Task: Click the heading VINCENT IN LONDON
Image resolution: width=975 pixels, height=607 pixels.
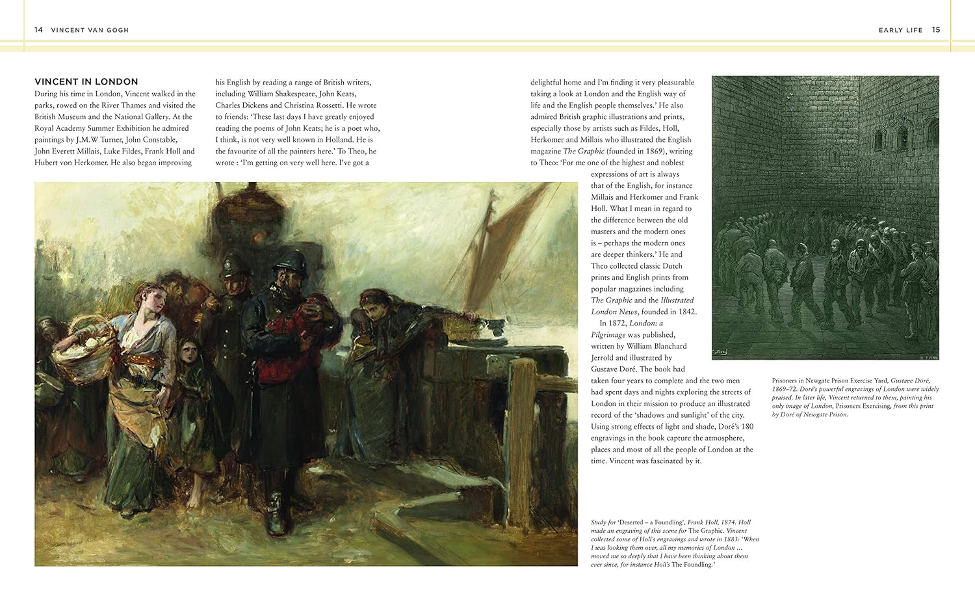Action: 86,81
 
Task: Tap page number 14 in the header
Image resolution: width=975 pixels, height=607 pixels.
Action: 38,30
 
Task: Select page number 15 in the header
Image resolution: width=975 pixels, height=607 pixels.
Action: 936,30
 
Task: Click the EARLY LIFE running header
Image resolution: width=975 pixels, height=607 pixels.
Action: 900,30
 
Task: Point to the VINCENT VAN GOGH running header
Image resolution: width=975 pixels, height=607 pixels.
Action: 90,30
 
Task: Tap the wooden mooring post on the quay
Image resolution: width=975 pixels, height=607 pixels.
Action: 521,442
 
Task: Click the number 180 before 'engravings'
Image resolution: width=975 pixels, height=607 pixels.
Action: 747,427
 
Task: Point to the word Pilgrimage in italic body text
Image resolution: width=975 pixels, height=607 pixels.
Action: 608,334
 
